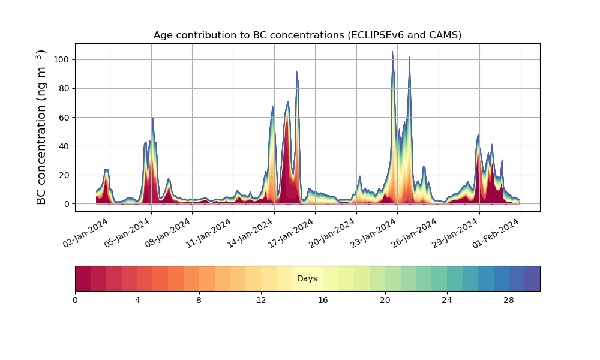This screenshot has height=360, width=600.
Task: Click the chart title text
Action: (x=307, y=35)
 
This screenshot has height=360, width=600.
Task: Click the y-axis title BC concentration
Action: (x=41, y=127)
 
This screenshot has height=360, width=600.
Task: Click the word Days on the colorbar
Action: (x=307, y=279)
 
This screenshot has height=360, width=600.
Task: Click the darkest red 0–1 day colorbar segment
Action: (x=83, y=278)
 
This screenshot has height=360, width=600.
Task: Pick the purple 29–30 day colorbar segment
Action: (x=532, y=278)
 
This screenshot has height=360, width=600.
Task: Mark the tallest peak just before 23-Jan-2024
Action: (x=392, y=52)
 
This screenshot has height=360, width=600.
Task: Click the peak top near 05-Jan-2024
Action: (x=152, y=119)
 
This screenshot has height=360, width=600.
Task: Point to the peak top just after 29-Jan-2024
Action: (x=478, y=135)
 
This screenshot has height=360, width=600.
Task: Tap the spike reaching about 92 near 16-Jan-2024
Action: (x=296, y=72)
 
